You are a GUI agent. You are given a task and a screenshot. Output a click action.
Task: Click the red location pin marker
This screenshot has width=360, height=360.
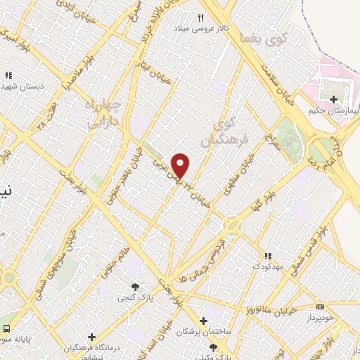pos(181,165)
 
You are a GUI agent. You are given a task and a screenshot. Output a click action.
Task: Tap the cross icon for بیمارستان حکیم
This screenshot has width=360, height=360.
pos(333,99)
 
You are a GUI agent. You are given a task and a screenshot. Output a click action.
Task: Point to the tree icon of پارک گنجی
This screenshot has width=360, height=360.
pos(135,286)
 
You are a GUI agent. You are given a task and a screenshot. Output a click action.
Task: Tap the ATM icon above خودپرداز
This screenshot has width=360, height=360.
pos(321,306)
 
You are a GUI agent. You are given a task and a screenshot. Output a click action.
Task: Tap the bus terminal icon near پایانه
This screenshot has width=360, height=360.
pos(6,328)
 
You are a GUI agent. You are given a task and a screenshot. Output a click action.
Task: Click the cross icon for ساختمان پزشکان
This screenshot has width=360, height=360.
pos(203,320)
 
